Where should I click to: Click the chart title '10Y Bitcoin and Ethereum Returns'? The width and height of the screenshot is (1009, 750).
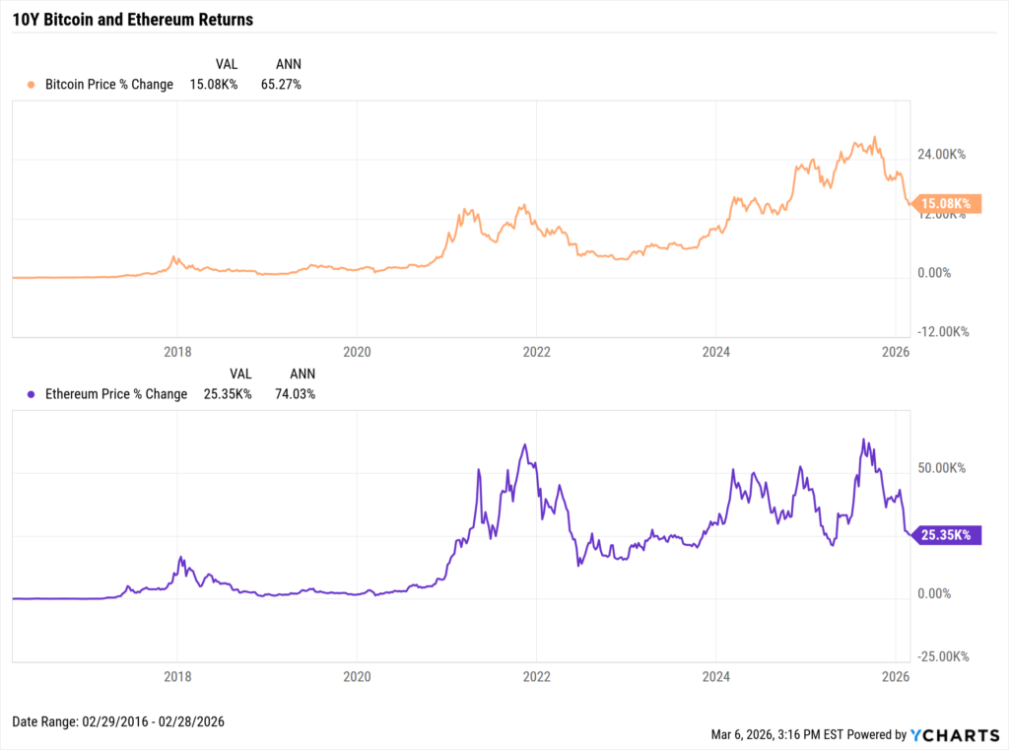[x=132, y=20]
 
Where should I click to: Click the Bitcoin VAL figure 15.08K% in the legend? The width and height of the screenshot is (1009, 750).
[x=215, y=85]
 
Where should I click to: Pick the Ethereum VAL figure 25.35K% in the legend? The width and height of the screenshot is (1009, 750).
[x=229, y=394]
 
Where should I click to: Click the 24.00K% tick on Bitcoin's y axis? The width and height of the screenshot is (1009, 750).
[x=943, y=155]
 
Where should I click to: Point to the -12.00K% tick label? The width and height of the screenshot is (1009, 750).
[x=941, y=332]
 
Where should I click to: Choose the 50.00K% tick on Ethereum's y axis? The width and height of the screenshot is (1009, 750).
[x=943, y=468]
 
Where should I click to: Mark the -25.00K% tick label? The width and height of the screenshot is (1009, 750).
[x=941, y=657]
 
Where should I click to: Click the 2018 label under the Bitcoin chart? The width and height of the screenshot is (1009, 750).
[x=177, y=351]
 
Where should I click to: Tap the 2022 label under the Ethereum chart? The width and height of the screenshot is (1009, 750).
[x=536, y=677]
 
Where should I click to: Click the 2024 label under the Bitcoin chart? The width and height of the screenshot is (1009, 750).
[x=716, y=351]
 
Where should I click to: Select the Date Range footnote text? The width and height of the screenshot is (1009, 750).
[x=118, y=721]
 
